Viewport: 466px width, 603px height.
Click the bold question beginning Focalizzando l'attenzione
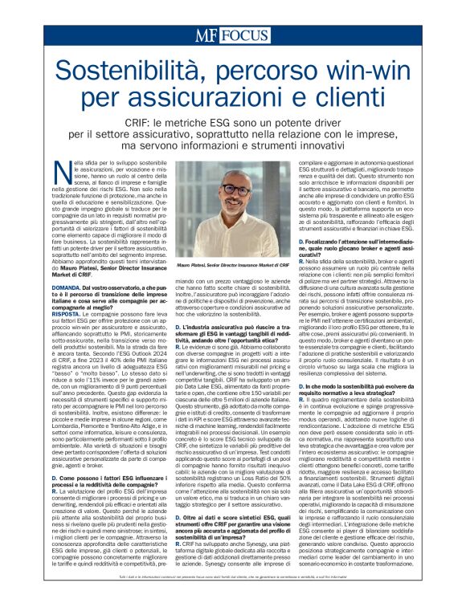pos(355,242)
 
